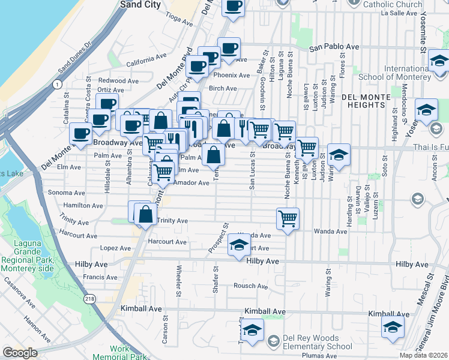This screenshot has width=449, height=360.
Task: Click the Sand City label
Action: tap(140, 4)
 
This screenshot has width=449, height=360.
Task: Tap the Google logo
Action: tap(20, 353)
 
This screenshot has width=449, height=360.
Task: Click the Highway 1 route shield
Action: tap(56, 85)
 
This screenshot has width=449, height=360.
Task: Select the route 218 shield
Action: tap(91, 298)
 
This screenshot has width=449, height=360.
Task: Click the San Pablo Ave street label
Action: tap(334, 47)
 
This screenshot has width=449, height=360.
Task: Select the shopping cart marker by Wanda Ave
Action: tap(288, 218)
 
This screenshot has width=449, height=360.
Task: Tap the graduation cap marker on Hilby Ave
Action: tap(239, 245)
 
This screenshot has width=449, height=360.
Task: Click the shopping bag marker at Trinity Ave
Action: tap(145, 214)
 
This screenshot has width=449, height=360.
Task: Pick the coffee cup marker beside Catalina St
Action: tap(80, 134)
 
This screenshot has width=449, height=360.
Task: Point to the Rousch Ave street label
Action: tap(250, 286)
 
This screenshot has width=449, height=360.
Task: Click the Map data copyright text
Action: tap(424, 355)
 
